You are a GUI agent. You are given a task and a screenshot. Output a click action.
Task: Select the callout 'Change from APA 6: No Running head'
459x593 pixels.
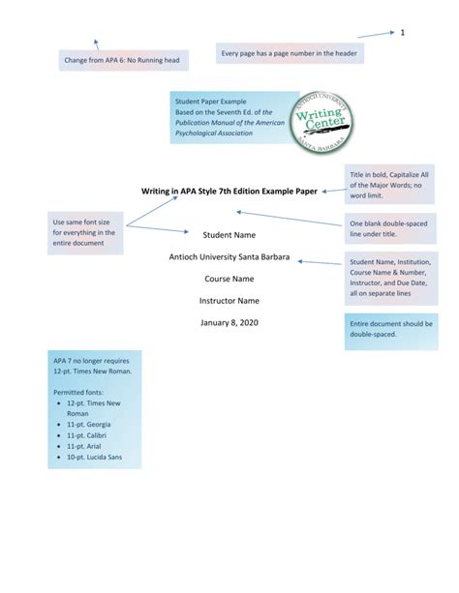[x=121, y=61]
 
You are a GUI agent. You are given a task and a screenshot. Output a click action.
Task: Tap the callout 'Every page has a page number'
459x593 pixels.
[x=289, y=52]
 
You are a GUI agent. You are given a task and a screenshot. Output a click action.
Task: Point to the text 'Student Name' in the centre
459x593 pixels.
[x=229, y=235]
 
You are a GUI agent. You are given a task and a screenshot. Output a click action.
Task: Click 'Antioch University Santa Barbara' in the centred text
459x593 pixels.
[x=229, y=257]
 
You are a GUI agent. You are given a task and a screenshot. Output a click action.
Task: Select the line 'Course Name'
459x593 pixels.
[x=229, y=279]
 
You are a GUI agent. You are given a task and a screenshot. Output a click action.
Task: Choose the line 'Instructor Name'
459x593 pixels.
[x=229, y=301]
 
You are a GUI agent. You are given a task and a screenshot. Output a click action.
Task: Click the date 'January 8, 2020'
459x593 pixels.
[x=229, y=322]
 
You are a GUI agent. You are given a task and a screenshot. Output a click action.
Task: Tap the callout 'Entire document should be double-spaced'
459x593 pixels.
[x=389, y=332]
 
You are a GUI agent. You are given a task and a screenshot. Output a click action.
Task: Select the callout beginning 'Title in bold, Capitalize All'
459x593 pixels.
[x=390, y=185]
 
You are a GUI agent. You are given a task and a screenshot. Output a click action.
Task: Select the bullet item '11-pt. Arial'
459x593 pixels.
[x=85, y=446]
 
